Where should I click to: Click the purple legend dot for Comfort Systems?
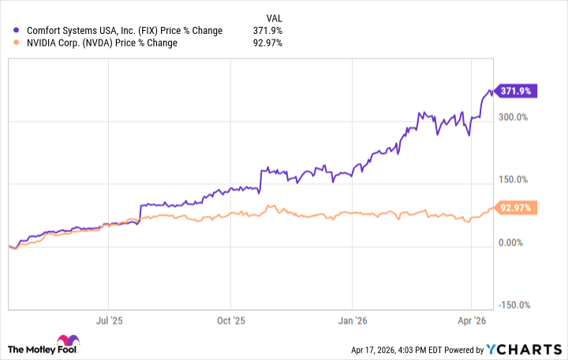point(17,31)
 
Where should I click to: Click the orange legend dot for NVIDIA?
point(17,43)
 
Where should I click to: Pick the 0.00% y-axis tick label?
point(511,242)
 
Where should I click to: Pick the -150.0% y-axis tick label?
point(514,306)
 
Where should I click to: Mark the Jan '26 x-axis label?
point(353,321)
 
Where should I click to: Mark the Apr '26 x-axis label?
point(471,321)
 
